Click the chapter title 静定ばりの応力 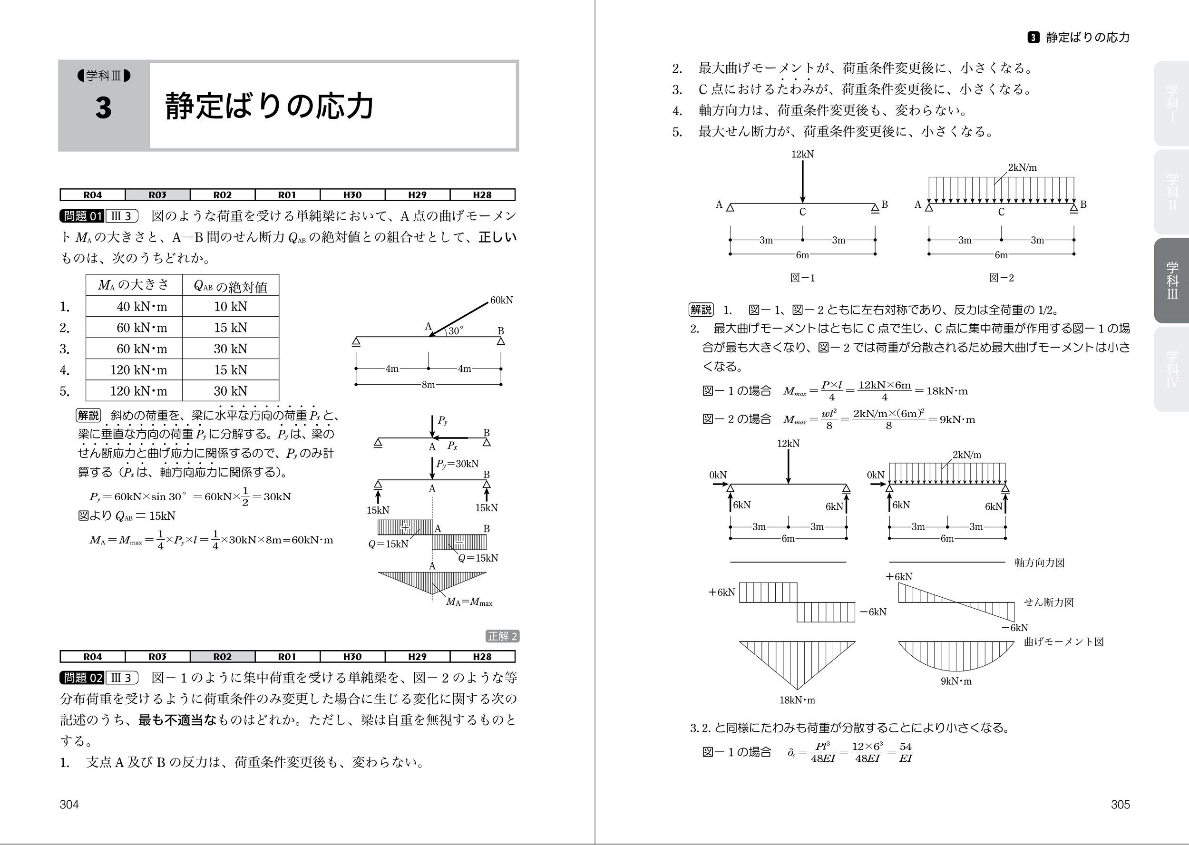270,106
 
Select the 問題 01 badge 82,216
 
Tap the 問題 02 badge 82,678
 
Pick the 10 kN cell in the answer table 231,306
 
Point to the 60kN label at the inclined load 501,300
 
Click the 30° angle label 456,331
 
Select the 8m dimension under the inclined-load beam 428,385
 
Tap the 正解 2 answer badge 502,636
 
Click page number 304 69,805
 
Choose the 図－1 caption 802,278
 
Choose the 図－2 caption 1001,278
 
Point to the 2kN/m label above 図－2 1022,167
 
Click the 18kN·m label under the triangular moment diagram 797,700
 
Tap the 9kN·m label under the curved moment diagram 956,681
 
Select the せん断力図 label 1049,602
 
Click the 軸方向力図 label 1039,563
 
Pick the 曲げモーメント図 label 1063,641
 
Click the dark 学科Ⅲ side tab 1172,281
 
